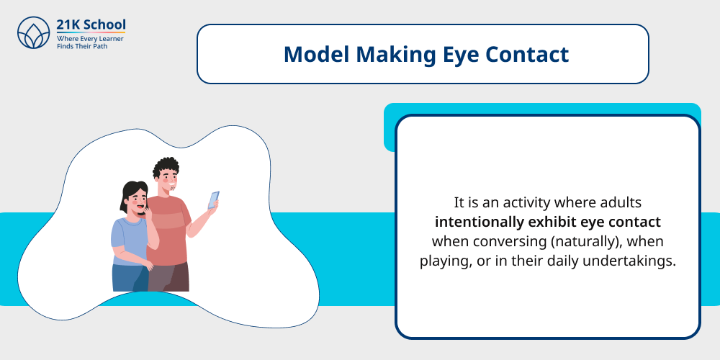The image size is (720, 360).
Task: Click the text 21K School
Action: (x=91, y=25)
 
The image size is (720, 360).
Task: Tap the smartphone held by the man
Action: (x=214, y=199)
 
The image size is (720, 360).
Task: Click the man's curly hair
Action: (x=166, y=168)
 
